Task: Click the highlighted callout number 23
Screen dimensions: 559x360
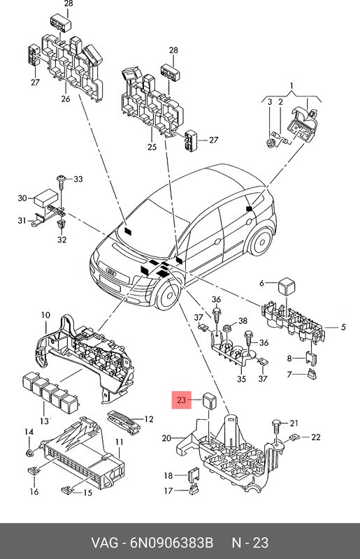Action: pyautogui.click(x=181, y=400)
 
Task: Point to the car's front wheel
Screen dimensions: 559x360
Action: pyautogui.click(x=166, y=292)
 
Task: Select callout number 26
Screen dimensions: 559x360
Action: pyautogui.click(x=66, y=99)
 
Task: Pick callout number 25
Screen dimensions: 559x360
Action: pyautogui.click(x=151, y=147)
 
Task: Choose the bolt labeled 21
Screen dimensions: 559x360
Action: pyautogui.click(x=275, y=426)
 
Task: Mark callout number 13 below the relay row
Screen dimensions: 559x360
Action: pyautogui.click(x=45, y=421)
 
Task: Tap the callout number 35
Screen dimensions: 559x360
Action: pyautogui.click(x=240, y=380)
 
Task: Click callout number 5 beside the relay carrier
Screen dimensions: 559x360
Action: pyautogui.click(x=343, y=327)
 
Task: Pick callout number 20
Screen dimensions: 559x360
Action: pyautogui.click(x=166, y=438)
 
